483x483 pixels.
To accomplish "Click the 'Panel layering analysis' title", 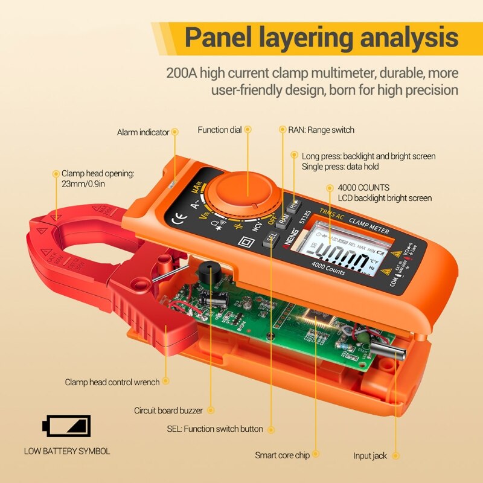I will (321, 37).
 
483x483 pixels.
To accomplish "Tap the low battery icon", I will (67, 426).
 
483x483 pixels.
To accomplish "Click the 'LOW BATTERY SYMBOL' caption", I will (67, 451).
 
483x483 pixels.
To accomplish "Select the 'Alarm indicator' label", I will (143, 132).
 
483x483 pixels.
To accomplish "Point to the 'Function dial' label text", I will (220, 130).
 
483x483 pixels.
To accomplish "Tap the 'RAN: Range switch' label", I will (321, 130).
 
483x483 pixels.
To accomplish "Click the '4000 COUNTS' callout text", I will (363, 188).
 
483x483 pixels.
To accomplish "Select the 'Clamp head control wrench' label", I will (112, 382).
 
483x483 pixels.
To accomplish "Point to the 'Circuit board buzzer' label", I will (168, 411).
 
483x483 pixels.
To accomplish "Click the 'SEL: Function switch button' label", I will (215, 429).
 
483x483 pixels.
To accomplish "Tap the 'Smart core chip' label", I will (282, 455).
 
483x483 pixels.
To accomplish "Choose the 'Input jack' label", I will (370, 456).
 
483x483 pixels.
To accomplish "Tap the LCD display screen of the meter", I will (339, 250).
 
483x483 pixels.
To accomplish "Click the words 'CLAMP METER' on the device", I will (369, 224).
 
